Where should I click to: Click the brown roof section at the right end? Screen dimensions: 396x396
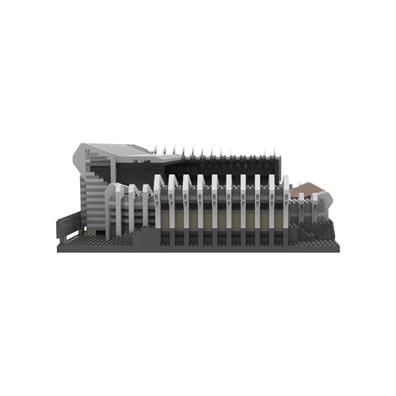tap(307, 188)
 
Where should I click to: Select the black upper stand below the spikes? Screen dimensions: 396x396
tap(222, 166)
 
